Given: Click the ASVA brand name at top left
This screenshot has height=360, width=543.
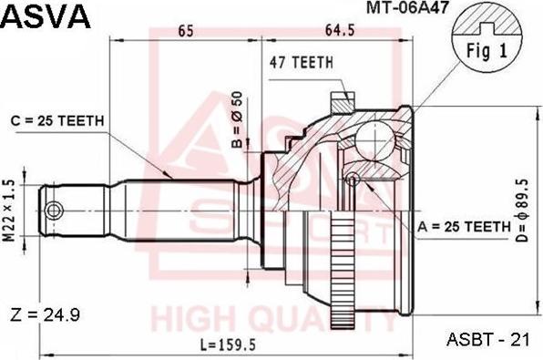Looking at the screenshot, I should pyautogui.click(x=46, y=15).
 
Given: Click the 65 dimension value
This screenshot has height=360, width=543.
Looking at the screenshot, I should pyautogui.click(x=185, y=31).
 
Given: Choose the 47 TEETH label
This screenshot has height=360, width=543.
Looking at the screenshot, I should pyautogui.click(x=302, y=63).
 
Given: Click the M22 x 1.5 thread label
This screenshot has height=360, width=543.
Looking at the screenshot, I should pyautogui.click(x=10, y=211).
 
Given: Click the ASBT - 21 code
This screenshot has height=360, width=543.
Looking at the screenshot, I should pyautogui.click(x=488, y=339).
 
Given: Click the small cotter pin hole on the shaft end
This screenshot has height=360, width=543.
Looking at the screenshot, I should pyautogui.click(x=56, y=211).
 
